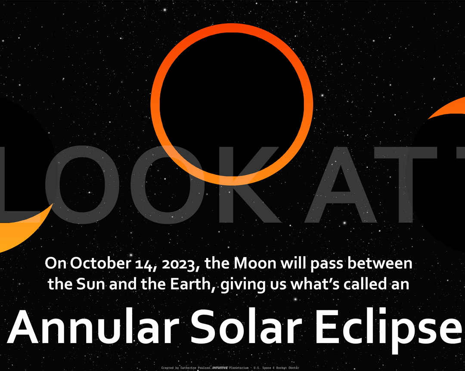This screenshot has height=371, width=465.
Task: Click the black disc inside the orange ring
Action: coord(232,104)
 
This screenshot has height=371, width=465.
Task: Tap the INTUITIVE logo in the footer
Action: coord(220,368)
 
